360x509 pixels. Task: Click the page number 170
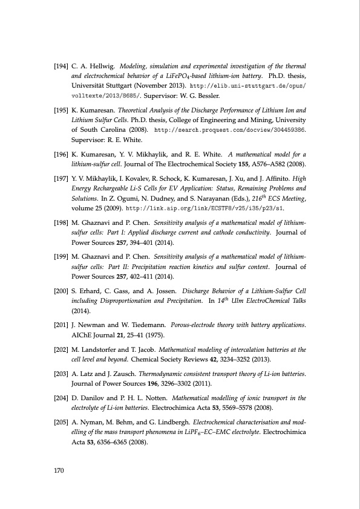click(x=60, y=472)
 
